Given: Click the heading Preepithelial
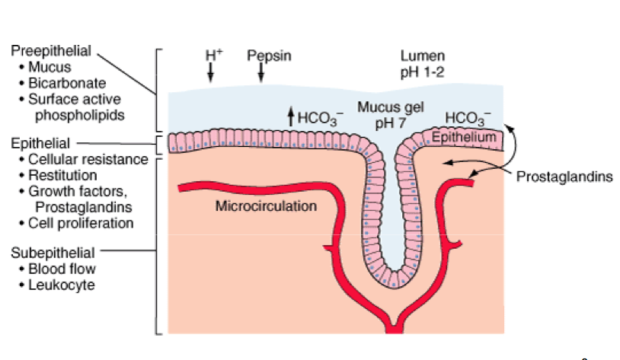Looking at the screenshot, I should (x=51, y=51).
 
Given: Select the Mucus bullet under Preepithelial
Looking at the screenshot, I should (x=50, y=67).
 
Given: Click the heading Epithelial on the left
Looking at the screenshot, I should (x=40, y=143).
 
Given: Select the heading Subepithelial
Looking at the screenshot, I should (x=53, y=252).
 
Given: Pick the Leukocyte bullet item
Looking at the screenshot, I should (x=62, y=285).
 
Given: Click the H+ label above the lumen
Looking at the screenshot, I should (x=213, y=56).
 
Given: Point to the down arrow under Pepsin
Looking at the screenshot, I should (x=261, y=72).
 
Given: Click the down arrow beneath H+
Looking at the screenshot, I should (x=211, y=72).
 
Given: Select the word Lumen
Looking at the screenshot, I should (x=418, y=56).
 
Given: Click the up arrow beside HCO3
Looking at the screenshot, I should (x=289, y=116).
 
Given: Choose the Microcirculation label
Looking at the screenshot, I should (x=266, y=205).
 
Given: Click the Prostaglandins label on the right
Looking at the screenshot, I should (x=564, y=177).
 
